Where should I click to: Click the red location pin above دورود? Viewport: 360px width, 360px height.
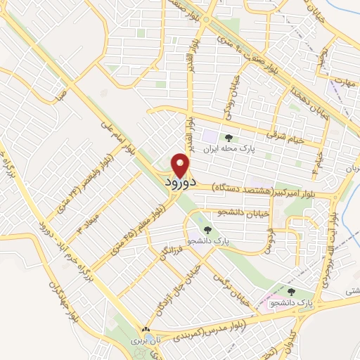[x=181, y=165]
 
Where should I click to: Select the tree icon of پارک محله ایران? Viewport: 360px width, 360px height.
[x=229, y=138]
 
